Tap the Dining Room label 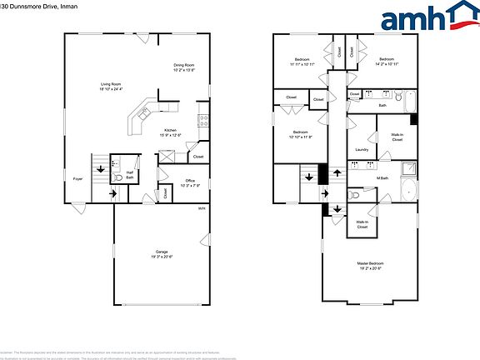(x=184, y=67)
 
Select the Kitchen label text (x=170, y=132)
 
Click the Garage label (x=161, y=253)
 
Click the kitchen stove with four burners (x=202, y=120)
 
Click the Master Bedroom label (x=371, y=265)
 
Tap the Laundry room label (x=362, y=150)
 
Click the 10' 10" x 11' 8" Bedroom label (x=302, y=135)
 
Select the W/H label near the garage (x=202, y=208)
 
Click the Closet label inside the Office (x=166, y=192)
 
